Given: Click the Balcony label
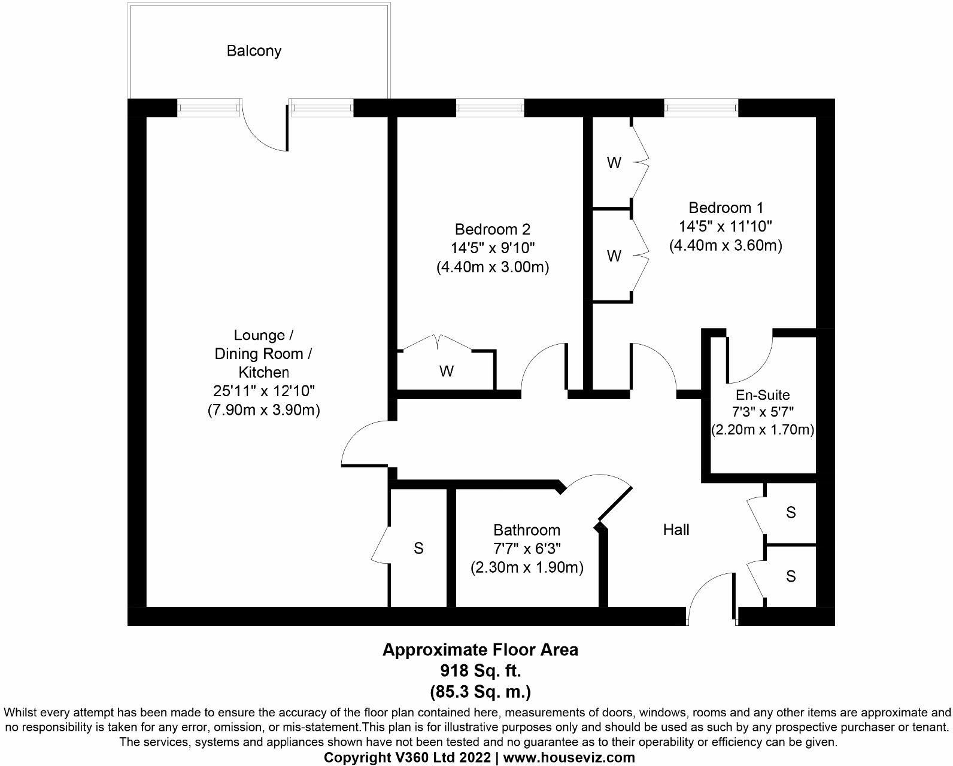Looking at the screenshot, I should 254,51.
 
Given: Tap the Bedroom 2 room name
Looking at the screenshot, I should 493,229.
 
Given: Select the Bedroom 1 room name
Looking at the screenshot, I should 726,208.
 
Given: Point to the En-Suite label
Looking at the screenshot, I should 762,395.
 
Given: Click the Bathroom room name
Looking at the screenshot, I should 527,530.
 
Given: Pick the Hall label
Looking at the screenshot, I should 676,530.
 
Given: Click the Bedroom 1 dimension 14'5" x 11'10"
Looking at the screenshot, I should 726,226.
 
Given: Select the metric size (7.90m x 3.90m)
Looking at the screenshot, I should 264,411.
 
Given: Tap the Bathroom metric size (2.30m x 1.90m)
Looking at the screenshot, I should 527,567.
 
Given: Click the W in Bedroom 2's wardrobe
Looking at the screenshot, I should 446,372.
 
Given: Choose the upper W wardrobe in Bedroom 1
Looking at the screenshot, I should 614,163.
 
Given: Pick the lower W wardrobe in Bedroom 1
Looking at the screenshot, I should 614,256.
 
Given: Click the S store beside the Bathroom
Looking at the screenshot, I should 418,548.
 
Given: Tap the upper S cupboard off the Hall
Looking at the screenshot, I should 791,512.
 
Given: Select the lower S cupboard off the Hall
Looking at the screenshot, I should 791,576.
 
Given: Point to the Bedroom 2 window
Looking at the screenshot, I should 490,108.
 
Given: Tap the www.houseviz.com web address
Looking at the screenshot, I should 569,758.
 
